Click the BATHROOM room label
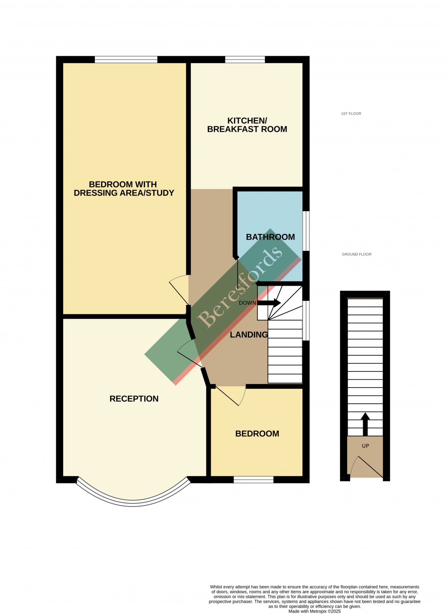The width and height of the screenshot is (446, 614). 270,237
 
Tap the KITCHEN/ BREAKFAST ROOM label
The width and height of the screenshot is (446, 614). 247,125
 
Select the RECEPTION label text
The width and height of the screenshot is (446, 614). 134,398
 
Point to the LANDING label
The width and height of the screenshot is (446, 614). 249,334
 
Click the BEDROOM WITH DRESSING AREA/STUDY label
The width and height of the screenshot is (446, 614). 124,189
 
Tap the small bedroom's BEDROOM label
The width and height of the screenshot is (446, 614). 257,433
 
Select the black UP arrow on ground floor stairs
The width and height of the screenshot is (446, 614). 365,424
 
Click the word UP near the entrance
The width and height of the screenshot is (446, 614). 365,445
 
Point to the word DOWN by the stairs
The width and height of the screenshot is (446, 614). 247,303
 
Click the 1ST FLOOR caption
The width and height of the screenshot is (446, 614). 351,114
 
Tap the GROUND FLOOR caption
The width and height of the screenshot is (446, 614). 356,254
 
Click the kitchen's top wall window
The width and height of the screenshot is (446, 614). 245,60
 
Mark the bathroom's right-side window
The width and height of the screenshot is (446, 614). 306,231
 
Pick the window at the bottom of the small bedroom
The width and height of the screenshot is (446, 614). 253,479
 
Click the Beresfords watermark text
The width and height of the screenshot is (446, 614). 240,287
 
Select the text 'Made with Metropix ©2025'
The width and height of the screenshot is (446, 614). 314,611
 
